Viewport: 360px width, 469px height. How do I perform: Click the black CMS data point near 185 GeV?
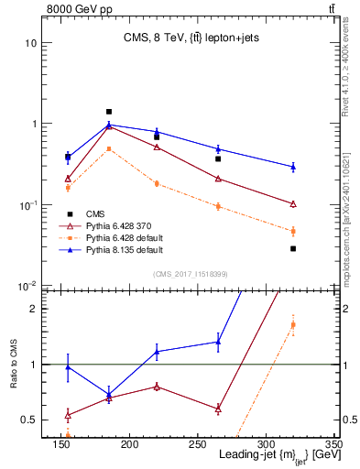(109, 112)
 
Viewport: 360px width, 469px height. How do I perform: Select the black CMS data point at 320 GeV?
(293, 248)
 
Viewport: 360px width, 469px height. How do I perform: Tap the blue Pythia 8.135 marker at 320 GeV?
(293, 167)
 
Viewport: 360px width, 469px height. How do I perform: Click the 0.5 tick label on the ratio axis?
(27, 420)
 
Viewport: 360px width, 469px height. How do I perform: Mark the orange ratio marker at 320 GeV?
(293, 324)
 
